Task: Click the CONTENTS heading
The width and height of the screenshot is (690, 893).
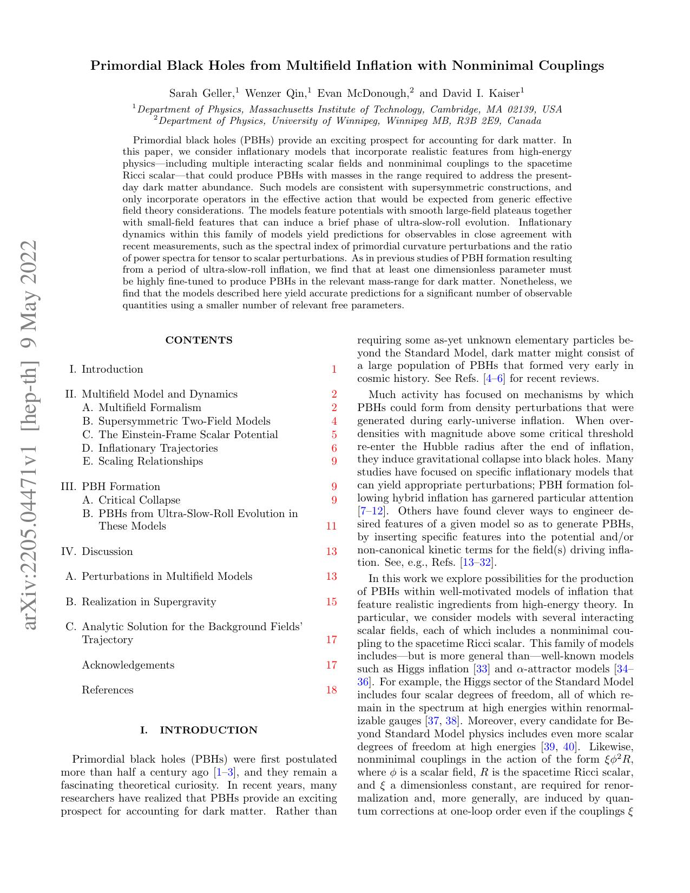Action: click(199, 340)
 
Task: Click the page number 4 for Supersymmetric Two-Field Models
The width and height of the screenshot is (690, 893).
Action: click(334, 421)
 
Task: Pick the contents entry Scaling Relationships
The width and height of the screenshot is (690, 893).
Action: click(150, 461)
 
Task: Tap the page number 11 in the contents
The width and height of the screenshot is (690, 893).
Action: click(331, 526)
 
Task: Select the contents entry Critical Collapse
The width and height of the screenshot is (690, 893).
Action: click(139, 500)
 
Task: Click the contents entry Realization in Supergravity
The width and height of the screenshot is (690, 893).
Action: click(149, 602)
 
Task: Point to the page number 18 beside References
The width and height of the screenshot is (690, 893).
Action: click(331, 690)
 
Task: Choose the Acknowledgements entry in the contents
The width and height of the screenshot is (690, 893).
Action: click(128, 665)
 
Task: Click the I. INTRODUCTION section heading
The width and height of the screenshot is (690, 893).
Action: click(199, 730)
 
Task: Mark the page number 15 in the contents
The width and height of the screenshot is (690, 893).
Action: click(331, 602)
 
